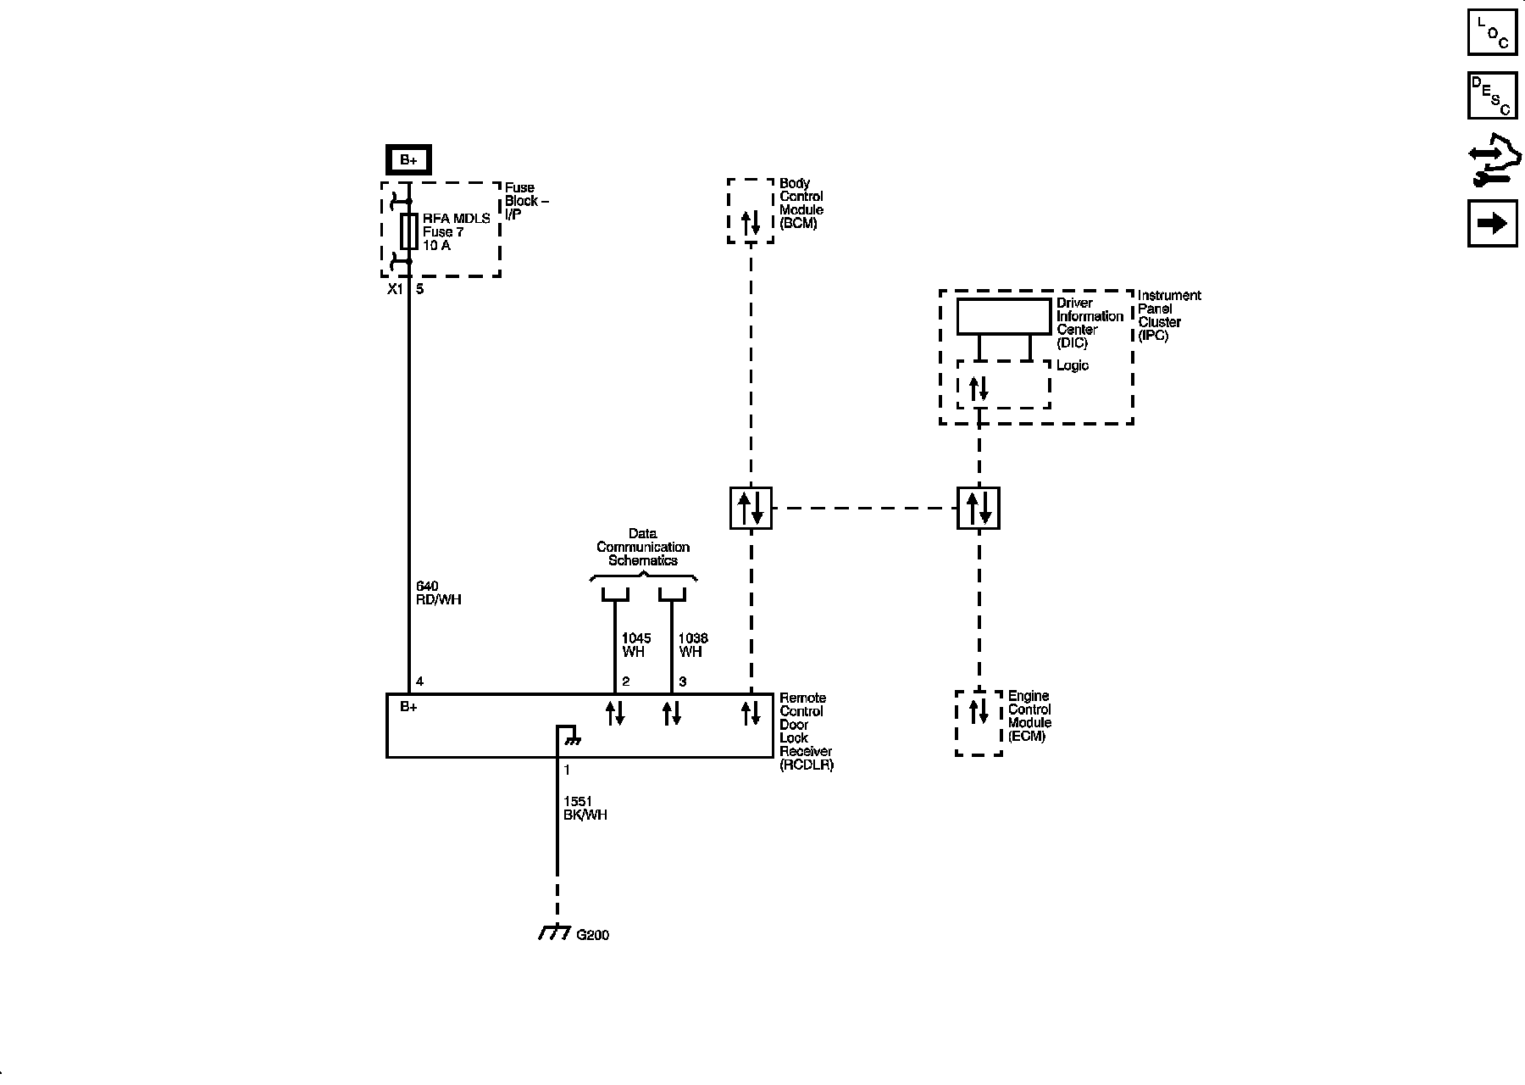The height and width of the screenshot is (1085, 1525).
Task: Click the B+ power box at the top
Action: pos(408,160)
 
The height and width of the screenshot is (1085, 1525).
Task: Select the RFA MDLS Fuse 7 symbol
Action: pos(408,231)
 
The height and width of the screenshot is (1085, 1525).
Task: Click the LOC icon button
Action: pos(1492,31)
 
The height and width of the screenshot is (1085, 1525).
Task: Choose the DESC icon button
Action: pos(1492,96)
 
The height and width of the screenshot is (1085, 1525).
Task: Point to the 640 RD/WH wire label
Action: pos(438,593)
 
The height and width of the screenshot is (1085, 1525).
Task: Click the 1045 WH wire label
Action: pos(635,645)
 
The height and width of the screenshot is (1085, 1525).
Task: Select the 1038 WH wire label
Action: pos(693,645)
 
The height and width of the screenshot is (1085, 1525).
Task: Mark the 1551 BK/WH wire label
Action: pos(585,808)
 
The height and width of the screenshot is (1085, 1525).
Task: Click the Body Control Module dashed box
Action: pos(751,211)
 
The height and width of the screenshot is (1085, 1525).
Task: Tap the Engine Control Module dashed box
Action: pos(979,722)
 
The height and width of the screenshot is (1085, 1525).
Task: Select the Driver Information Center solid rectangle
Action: pos(1003,316)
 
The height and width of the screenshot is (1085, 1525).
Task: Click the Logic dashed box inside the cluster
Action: pos(1003,385)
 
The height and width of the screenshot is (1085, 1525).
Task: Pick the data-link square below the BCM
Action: pos(751,508)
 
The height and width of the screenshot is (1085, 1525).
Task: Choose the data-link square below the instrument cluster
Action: pos(979,508)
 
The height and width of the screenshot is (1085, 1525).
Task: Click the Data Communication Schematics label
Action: pos(643,548)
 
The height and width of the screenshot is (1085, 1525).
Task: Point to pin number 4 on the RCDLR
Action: pos(419,682)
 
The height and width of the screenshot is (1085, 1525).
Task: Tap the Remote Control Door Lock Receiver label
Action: pos(806,731)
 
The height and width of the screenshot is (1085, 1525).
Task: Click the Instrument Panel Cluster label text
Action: pos(1168,315)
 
